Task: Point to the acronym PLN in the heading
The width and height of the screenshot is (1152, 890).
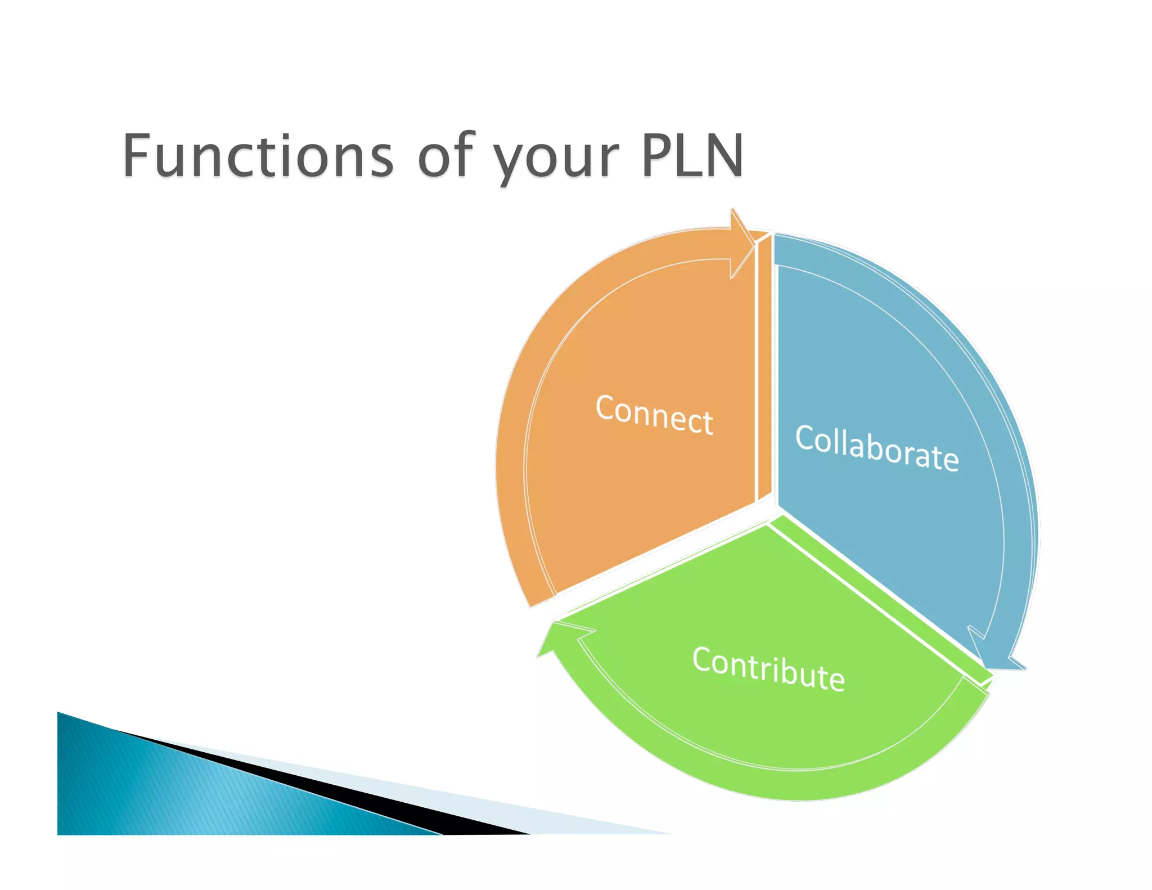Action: [x=692, y=155]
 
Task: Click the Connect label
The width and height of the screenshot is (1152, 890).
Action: [x=654, y=415]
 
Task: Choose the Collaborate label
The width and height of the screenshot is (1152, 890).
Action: [x=877, y=448]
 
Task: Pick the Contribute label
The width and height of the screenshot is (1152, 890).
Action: [x=768, y=669]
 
